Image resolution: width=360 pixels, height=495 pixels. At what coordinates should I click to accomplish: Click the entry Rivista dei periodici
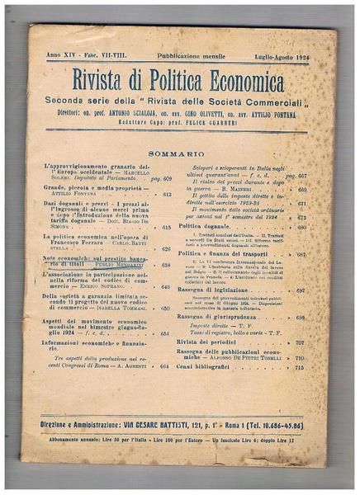217,341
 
